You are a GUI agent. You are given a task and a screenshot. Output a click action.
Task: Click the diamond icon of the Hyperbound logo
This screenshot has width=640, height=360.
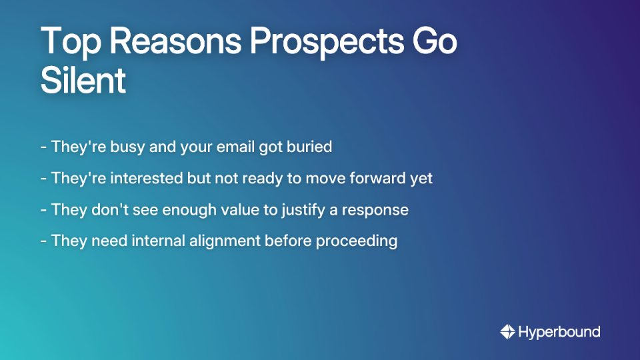pyautogui.click(x=507, y=331)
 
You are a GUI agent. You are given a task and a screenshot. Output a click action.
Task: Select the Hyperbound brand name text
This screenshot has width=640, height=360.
pyautogui.click(x=559, y=331)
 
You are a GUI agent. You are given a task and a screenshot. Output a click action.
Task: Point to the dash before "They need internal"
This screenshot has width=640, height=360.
pyautogui.click(x=43, y=241)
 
